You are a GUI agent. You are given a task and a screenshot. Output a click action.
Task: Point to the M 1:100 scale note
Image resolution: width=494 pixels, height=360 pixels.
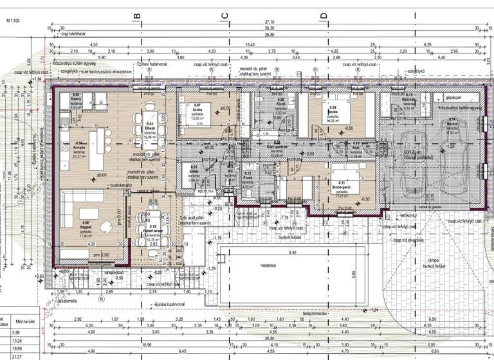tap(15, 21)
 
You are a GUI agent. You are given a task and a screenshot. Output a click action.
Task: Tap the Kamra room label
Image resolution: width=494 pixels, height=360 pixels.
tap(76, 98)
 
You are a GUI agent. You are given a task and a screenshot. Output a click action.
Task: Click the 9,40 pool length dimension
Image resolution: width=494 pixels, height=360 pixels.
tap(293, 253)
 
